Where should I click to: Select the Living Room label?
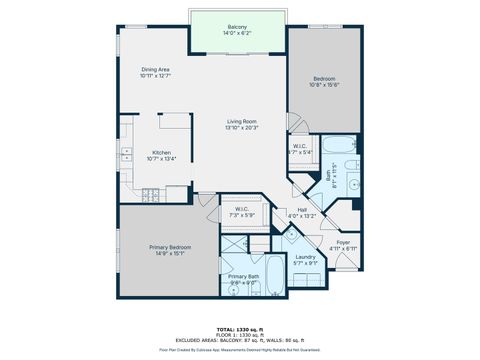241,121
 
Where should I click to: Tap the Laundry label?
305,257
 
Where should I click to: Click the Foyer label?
343,241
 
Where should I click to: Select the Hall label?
301,209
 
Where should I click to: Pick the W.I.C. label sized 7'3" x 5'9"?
242,209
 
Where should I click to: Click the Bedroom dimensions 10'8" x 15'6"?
323,85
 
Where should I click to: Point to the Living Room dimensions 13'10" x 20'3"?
241,128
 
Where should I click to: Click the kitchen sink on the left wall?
126,155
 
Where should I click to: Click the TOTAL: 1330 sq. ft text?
239,327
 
